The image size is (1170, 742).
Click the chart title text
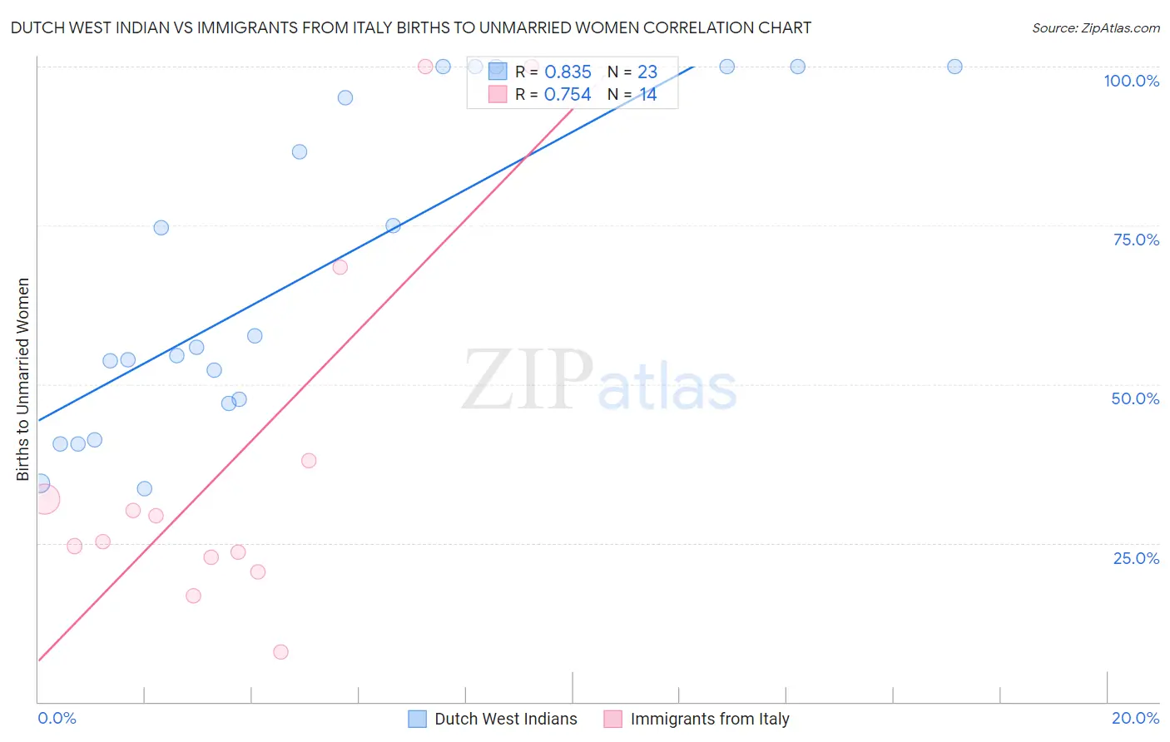[410, 27]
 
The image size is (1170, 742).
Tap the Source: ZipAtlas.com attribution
[1095, 28]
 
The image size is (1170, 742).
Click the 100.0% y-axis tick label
[1131, 81]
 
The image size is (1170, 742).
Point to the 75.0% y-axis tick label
[1136, 240]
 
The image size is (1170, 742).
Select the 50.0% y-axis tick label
[1135, 398]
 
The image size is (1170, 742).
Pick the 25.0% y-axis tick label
[1136, 558]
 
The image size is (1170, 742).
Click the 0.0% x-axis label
[57, 718]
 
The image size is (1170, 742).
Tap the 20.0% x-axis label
[1135, 718]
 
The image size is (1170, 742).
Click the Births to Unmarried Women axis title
[23, 379]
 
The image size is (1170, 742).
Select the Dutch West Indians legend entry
[505, 719]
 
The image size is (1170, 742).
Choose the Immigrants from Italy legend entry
[709, 719]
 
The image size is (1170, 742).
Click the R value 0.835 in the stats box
[568, 72]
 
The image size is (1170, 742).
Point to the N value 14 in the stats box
[647, 95]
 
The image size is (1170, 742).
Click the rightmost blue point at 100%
[954, 67]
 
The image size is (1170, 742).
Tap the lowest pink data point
[280, 652]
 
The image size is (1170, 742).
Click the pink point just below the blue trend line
[340, 267]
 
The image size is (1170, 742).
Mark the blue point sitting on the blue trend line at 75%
[393, 225]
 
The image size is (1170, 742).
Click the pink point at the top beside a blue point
[425, 67]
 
